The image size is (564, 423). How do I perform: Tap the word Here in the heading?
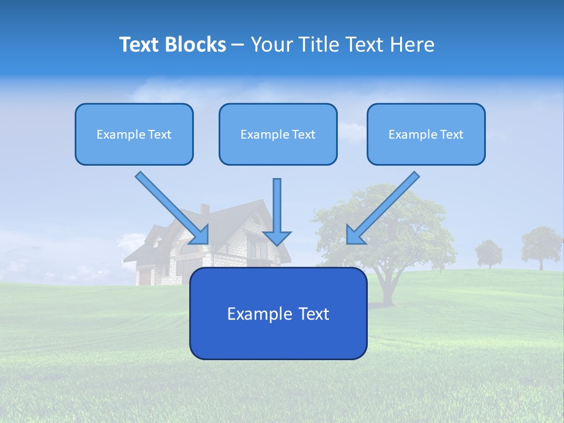413,45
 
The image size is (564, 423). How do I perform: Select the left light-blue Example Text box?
134,134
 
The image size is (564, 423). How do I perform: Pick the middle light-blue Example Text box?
278,134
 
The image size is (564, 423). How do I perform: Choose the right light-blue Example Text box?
426,134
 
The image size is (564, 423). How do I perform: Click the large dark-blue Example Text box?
278,313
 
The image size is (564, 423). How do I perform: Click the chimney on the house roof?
204,210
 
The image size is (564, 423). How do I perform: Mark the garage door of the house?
145,277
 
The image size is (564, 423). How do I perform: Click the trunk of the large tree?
388,288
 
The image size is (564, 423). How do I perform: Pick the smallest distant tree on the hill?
488,253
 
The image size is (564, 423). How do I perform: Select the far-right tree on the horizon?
541,246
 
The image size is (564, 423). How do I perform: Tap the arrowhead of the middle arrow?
277,237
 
